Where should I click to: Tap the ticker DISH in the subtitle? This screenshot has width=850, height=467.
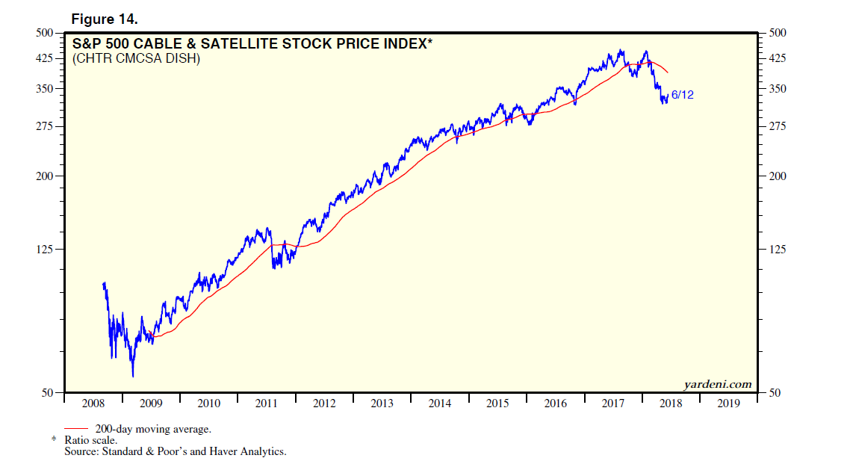(x=184, y=58)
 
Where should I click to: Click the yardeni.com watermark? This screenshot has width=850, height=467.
(x=717, y=384)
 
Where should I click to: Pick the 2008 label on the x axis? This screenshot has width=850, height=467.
(x=93, y=403)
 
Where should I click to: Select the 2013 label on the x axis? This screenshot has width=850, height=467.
(x=382, y=403)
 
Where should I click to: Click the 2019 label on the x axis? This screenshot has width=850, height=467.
(x=728, y=403)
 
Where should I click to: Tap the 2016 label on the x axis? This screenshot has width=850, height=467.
(x=555, y=403)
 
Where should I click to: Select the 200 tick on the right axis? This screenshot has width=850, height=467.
(x=778, y=176)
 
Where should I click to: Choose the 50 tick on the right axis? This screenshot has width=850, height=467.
(x=775, y=393)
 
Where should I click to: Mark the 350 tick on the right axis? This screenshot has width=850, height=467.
(x=778, y=89)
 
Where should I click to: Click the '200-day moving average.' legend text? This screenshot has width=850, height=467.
(x=152, y=429)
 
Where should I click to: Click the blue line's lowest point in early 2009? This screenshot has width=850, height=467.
(x=133, y=377)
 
